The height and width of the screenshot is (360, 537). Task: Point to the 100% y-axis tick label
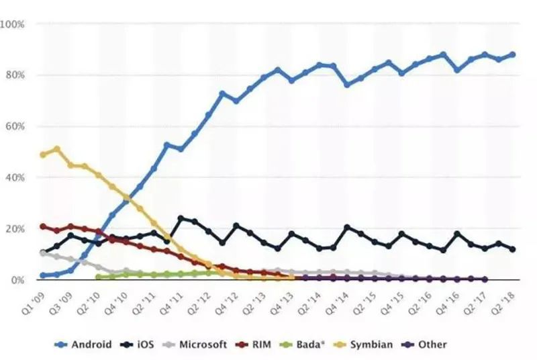point(13,24)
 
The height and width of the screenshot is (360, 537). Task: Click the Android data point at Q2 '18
point(513,54)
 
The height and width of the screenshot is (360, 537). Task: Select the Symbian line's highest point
point(57,149)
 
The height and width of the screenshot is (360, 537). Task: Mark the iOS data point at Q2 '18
point(513,249)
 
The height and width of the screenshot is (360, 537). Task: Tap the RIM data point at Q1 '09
point(43,226)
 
